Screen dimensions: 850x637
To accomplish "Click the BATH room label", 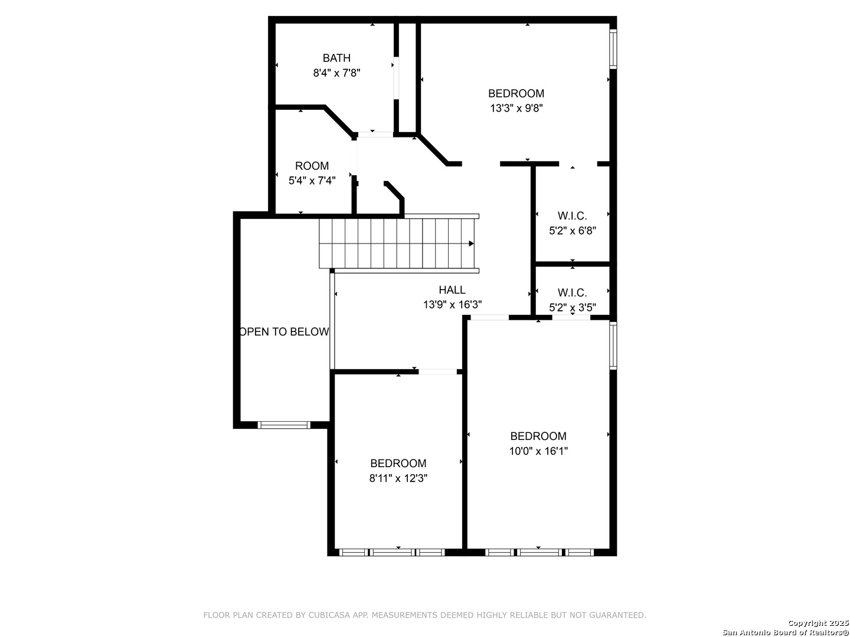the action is pos(336,58).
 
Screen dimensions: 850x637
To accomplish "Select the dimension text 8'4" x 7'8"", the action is pos(336,73).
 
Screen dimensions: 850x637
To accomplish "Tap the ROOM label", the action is pos(312,166).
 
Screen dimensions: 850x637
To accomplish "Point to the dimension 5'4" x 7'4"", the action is pos(312,180).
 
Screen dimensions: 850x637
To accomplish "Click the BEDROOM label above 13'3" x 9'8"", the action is pos(516,94).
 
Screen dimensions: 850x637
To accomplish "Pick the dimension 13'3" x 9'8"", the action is pos(516,109).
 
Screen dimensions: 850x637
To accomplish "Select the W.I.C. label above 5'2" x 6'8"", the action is pos(572,216).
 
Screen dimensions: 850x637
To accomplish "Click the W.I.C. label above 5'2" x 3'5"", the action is pos(572,293).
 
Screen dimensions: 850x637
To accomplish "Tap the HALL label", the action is pos(452,290).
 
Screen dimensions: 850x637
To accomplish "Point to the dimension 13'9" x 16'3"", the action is pos(452,305).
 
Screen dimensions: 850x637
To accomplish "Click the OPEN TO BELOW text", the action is pos(285,332).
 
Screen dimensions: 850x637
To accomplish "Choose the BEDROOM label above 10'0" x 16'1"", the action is pos(538,436).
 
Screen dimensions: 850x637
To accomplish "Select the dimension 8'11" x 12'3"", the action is pos(398,478).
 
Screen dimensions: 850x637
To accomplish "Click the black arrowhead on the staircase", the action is pos(471,244).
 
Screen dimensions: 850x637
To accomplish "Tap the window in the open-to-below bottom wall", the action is pos(284,425).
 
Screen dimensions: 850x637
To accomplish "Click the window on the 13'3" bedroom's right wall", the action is pos(613,49).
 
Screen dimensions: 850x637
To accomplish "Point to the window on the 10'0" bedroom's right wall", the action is pos(613,346).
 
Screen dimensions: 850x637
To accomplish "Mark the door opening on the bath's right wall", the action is pos(396,78).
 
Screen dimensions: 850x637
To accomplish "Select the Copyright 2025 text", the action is pos(818,623).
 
